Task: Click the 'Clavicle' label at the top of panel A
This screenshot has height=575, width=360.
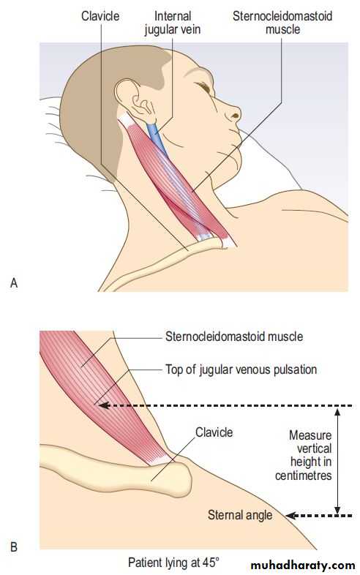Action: tap(100, 16)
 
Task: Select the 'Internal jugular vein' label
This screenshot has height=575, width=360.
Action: tap(173, 23)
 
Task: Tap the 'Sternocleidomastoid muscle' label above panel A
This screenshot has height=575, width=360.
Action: tap(282, 23)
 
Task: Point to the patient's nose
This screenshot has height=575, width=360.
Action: tap(233, 112)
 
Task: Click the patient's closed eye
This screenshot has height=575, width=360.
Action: tap(203, 87)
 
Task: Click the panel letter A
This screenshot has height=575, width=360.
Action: tap(14, 282)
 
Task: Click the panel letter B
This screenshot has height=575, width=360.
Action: tap(14, 547)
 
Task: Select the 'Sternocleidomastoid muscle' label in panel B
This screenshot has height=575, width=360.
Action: tap(234, 337)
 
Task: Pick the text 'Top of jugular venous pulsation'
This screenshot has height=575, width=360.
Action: tap(241, 369)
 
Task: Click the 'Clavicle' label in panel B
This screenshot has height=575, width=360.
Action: tap(214, 432)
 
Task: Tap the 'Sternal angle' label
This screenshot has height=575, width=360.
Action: tap(240, 515)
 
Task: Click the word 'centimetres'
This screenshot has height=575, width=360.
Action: tap(304, 476)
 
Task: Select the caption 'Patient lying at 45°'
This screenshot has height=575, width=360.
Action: tap(173, 562)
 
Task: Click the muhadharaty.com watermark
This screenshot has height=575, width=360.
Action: tap(302, 565)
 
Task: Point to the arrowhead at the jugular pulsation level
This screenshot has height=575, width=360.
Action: tap(104, 405)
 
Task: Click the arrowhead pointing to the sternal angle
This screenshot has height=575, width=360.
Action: tap(290, 516)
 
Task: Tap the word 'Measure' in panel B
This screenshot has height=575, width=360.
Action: tap(310, 435)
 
